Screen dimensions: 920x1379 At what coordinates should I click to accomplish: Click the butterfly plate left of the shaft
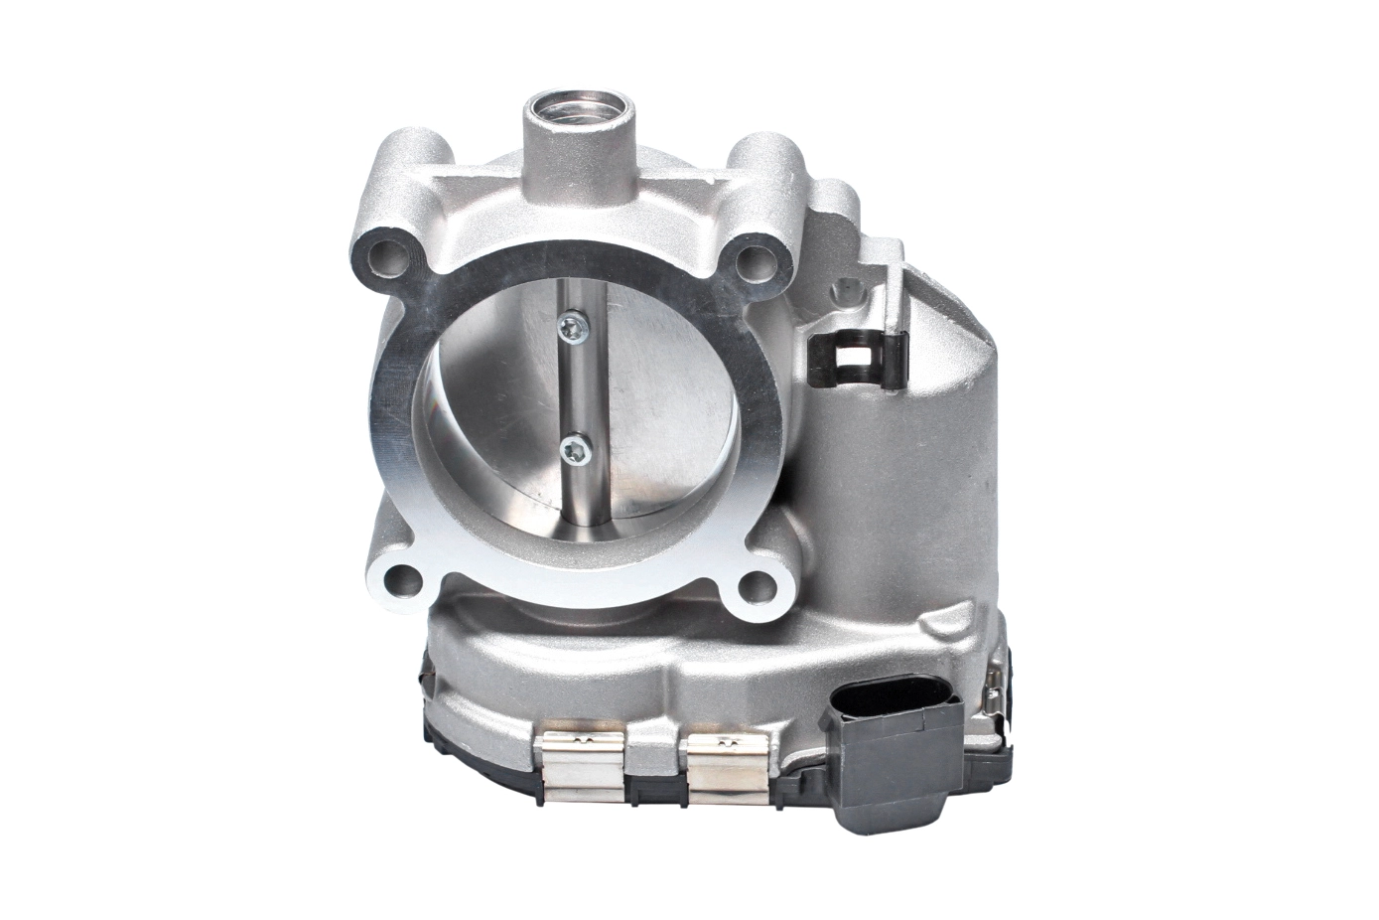(496, 407)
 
